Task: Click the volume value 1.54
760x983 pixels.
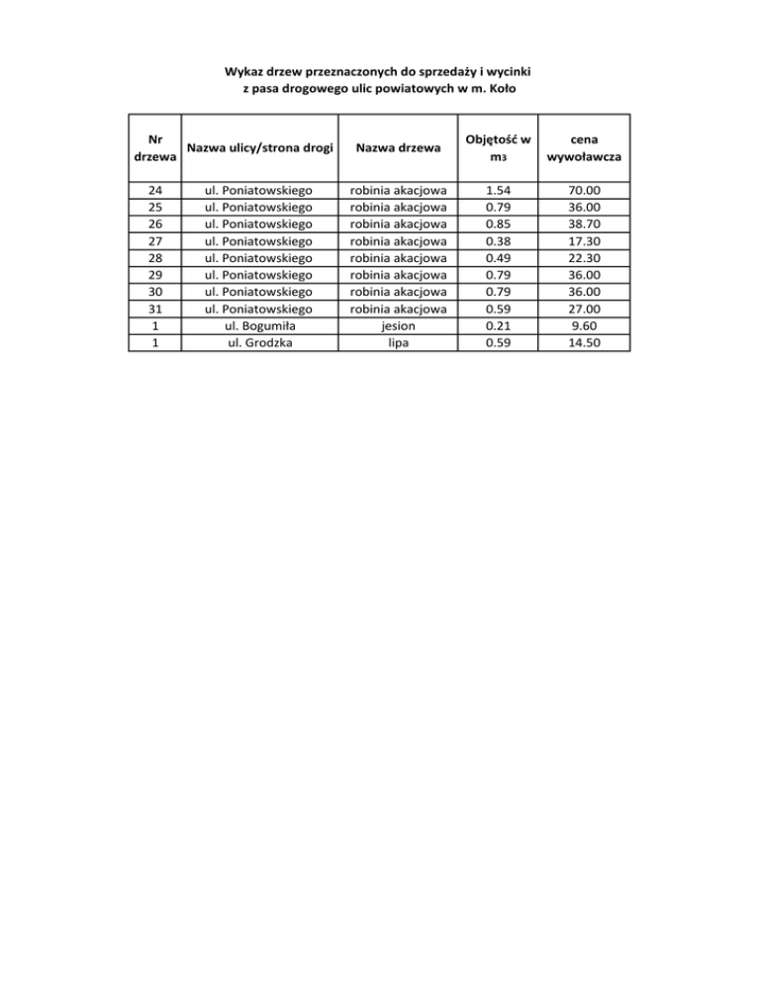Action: click(491, 189)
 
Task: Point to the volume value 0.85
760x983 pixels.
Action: click(491, 223)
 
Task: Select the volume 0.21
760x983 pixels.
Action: click(491, 326)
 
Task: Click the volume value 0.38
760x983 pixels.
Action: click(491, 240)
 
